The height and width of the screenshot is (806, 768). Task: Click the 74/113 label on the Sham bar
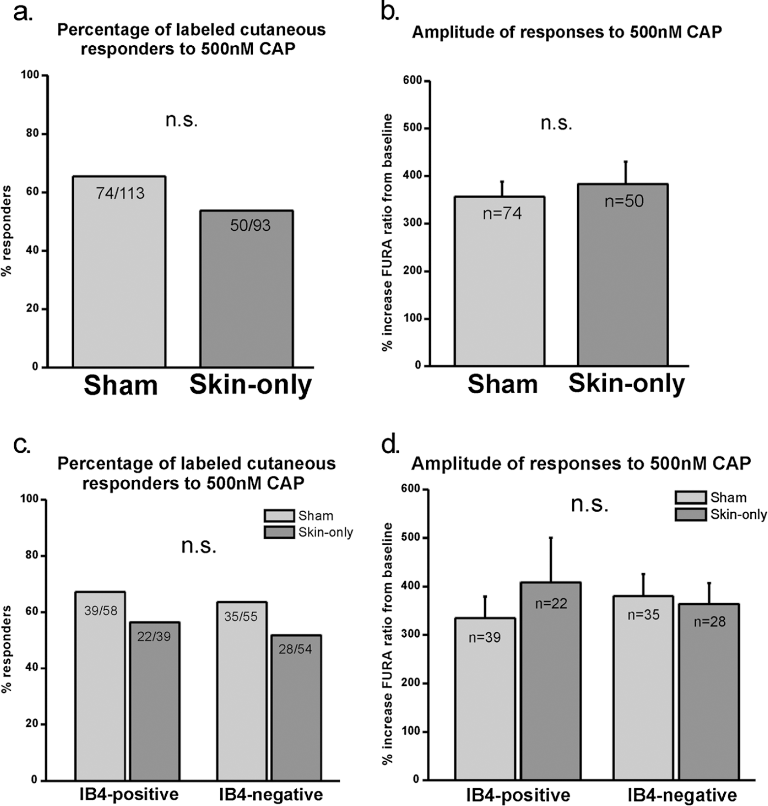tap(120, 193)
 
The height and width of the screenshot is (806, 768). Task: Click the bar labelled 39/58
tap(100, 686)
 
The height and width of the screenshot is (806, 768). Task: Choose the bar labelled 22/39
tap(154, 701)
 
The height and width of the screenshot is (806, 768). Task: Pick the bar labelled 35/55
tap(241, 691)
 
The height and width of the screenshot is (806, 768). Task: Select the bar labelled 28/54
tap(295, 708)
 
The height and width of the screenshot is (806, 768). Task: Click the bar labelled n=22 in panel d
tap(551, 681)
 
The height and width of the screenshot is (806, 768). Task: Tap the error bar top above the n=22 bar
tap(551, 537)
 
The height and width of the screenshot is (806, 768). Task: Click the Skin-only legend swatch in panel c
tap(279, 532)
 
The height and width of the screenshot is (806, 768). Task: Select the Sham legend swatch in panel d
tap(690, 497)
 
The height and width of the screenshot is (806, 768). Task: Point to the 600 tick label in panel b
tap(413, 81)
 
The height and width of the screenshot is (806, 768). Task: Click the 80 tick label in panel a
tap(33, 134)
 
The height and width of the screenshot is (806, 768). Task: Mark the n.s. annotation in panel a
tap(181, 120)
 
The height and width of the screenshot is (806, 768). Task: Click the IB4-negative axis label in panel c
tap(271, 794)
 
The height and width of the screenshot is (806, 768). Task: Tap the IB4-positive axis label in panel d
tap(518, 795)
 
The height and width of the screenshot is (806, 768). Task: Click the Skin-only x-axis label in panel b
tap(626, 384)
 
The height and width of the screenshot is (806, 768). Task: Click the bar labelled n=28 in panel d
tap(709, 692)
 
